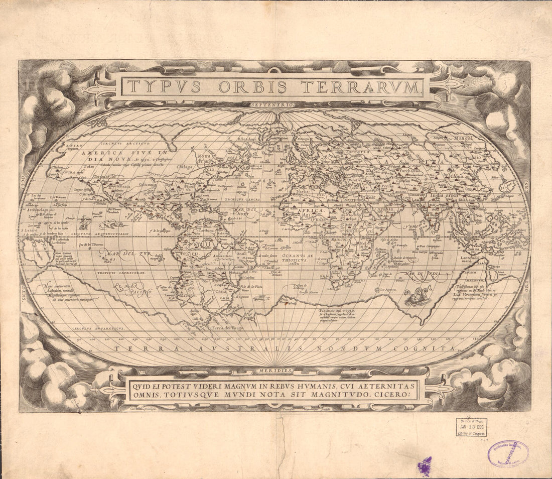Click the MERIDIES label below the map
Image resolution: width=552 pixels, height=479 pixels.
click(275, 371)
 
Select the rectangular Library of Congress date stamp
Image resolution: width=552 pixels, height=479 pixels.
click(471, 427)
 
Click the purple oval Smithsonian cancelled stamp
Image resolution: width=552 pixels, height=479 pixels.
click(507, 453)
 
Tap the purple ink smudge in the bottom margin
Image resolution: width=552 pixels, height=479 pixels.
click(426, 466)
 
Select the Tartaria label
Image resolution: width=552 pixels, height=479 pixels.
click(356, 151)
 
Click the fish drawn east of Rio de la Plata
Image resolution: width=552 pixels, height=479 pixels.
click(260, 298)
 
